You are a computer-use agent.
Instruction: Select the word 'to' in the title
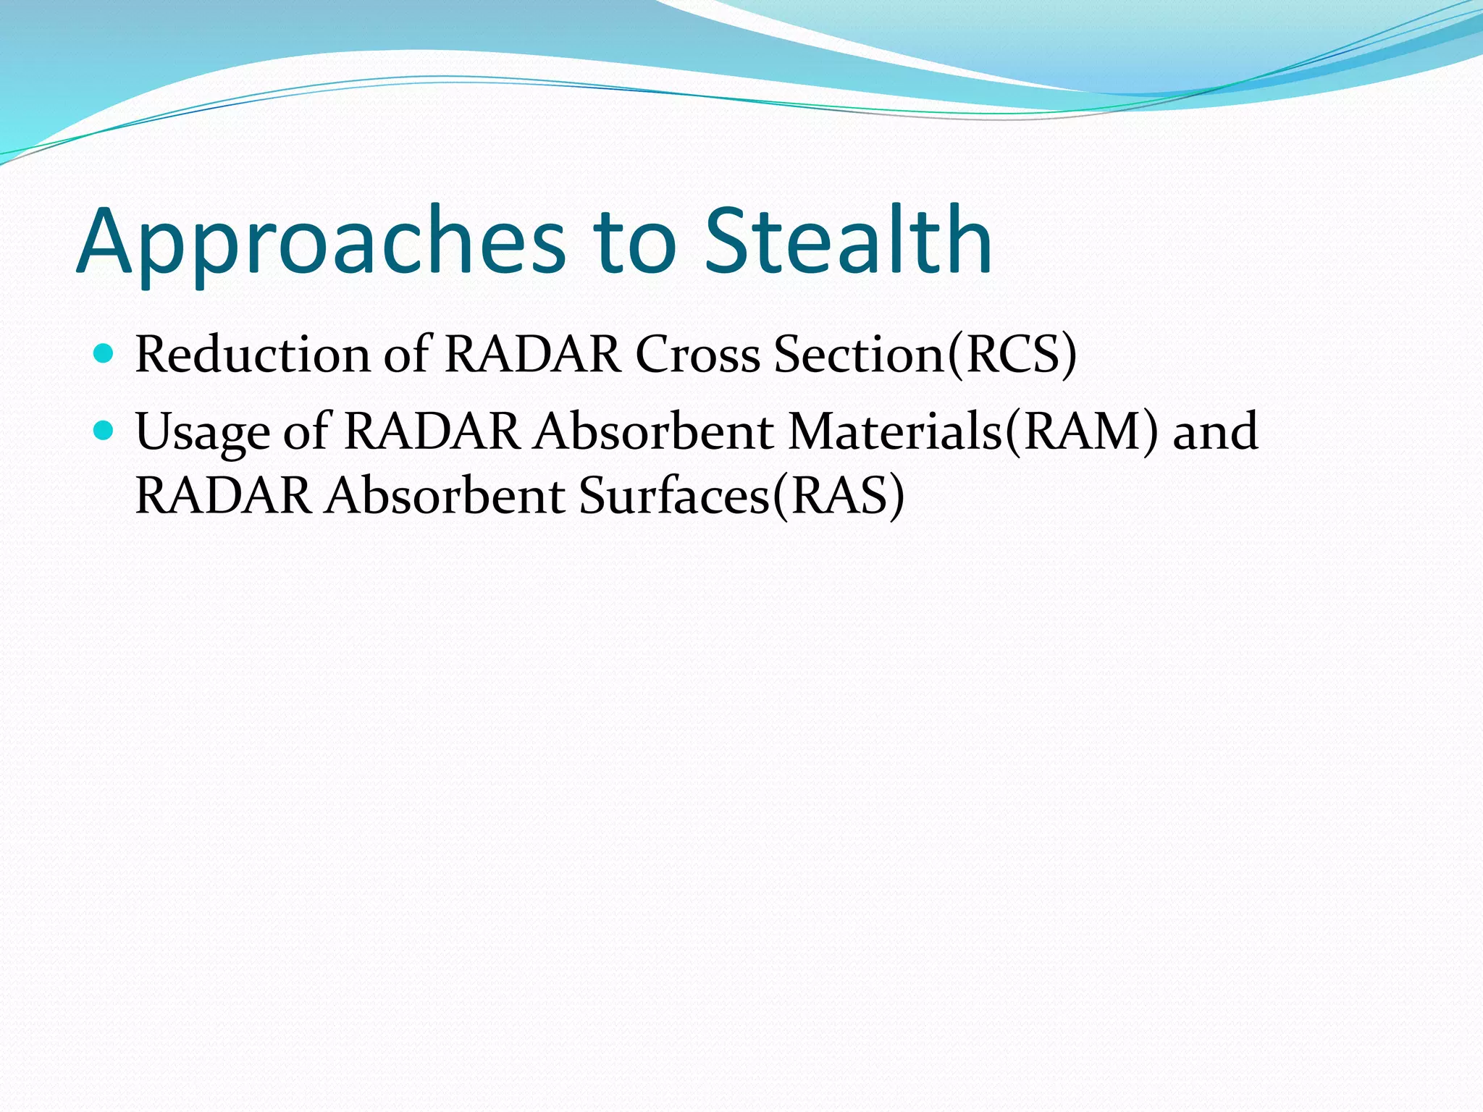pyautogui.click(x=634, y=243)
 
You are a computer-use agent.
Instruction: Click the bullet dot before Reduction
pyautogui.click(x=104, y=354)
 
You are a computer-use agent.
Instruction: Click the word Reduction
pyautogui.click(x=253, y=355)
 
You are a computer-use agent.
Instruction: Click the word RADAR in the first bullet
pyautogui.click(x=532, y=355)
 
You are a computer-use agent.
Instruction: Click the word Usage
pyautogui.click(x=202, y=433)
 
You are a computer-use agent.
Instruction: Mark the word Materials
pyautogui.click(x=895, y=431)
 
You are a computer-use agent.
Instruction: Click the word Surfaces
pyautogui.click(x=673, y=497)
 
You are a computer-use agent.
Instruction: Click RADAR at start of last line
pyautogui.click(x=223, y=497)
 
